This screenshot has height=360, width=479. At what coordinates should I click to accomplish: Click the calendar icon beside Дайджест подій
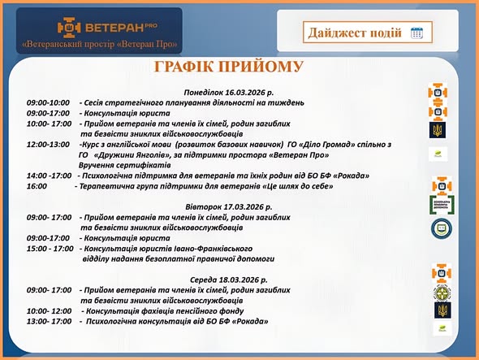click(x=417, y=33)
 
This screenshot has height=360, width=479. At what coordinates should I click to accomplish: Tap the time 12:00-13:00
click(x=48, y=144)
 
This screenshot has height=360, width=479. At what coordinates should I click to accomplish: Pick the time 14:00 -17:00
click(x=49, y=176)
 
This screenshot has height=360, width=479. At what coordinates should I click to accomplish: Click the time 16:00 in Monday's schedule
click(x=37, y=185)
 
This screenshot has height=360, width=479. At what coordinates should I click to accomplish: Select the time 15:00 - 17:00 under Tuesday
click(x=50, y=249)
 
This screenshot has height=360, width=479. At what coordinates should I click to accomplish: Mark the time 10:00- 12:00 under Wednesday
click(x=50, y=310)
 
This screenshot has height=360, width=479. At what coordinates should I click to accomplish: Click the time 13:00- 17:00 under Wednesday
click(x=50, y=321)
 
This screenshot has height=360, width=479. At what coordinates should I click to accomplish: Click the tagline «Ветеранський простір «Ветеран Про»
click(x=101, y=43)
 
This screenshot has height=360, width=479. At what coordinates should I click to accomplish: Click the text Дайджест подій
click(x=355, y=33)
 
